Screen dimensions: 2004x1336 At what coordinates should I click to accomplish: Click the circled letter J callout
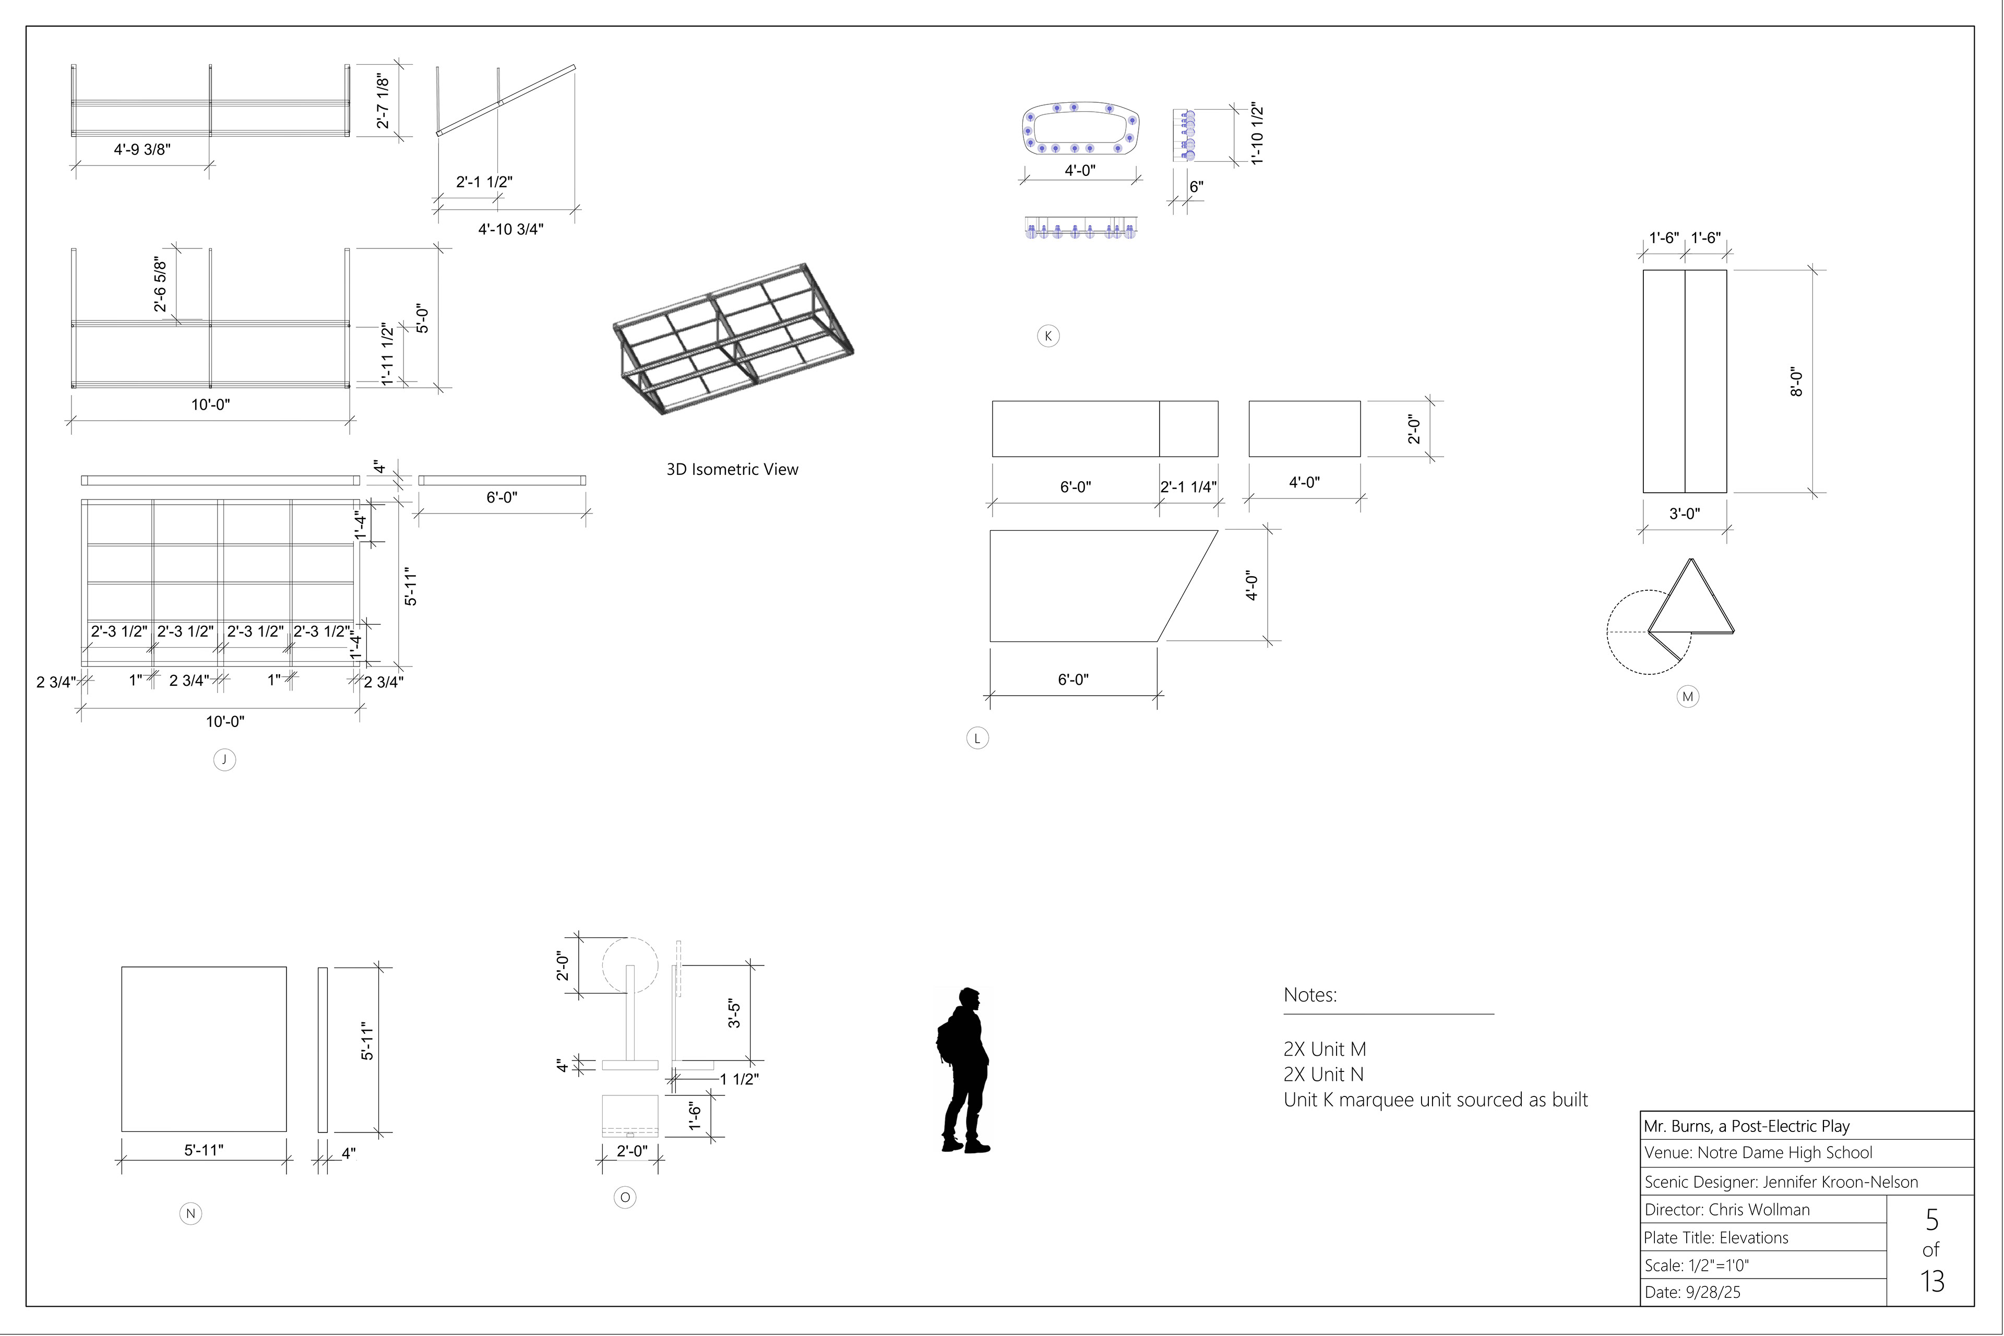(224, 760)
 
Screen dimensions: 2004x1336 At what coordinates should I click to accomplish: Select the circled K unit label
(1048, 336)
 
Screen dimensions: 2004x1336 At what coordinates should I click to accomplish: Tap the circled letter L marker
(977, 739)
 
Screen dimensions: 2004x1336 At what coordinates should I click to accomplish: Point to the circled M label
(1688, 697)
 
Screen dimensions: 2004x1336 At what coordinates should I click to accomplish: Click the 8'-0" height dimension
(1796, 381)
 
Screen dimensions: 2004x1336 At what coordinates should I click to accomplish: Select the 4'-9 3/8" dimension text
(142, 149)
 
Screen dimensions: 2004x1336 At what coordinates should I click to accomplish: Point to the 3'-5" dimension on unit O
(734, 1013)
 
